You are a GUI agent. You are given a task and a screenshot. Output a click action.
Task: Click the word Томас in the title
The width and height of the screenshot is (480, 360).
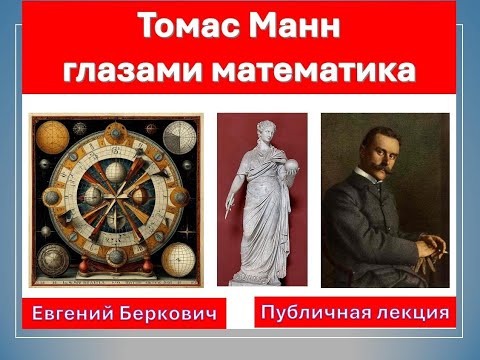coord(185,28)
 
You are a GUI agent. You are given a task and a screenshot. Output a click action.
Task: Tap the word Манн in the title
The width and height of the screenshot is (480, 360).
coord(292,28)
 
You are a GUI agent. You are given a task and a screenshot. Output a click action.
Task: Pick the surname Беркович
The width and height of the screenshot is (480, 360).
coord(169,313)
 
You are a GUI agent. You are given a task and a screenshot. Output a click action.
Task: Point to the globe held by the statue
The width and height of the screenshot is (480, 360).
coord(288,164)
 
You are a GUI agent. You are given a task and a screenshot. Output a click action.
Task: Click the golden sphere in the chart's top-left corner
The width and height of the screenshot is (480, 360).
coord(47,132)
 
